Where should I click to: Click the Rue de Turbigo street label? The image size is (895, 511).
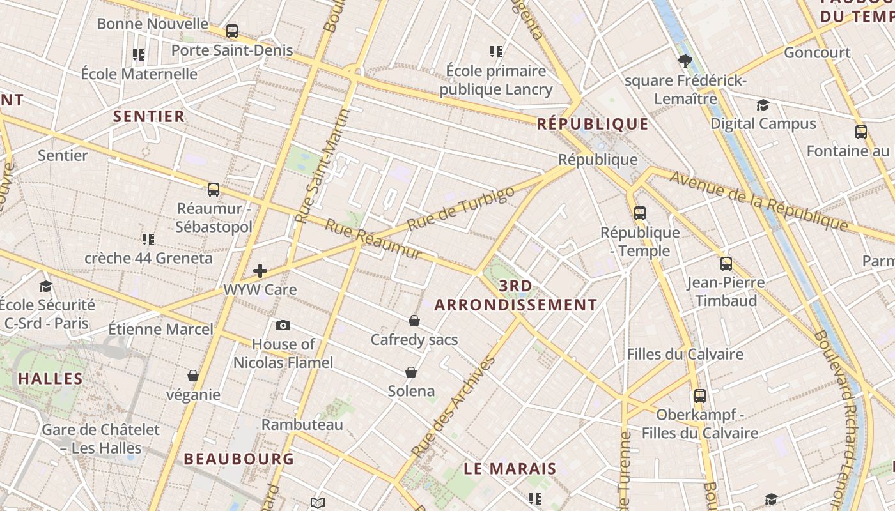(460, 208)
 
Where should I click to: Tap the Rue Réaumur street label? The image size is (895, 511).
(373, 239)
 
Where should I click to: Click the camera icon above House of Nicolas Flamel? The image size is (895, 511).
(283, 326)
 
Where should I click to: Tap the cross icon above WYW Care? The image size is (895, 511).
(260, 271)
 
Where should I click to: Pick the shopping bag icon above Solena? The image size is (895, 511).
(411, 372)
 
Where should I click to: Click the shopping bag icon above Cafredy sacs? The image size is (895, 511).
(414, 321)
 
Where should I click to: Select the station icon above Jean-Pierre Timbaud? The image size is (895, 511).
(726, 264)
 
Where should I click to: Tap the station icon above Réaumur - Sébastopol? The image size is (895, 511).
(214, 190)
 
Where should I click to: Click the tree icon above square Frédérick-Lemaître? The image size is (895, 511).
(685, 61)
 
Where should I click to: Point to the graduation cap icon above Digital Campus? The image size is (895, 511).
(763, 105)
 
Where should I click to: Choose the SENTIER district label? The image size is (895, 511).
(149, 116)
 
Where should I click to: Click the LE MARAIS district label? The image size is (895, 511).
(510, 468)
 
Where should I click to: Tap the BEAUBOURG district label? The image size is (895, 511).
(239, 459)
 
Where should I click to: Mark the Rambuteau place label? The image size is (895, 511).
(302, 424)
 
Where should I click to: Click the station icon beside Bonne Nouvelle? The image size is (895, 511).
(232, 31)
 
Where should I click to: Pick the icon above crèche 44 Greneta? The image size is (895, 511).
(148, 240)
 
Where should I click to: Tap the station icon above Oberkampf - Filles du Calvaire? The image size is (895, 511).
(700, 396)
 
